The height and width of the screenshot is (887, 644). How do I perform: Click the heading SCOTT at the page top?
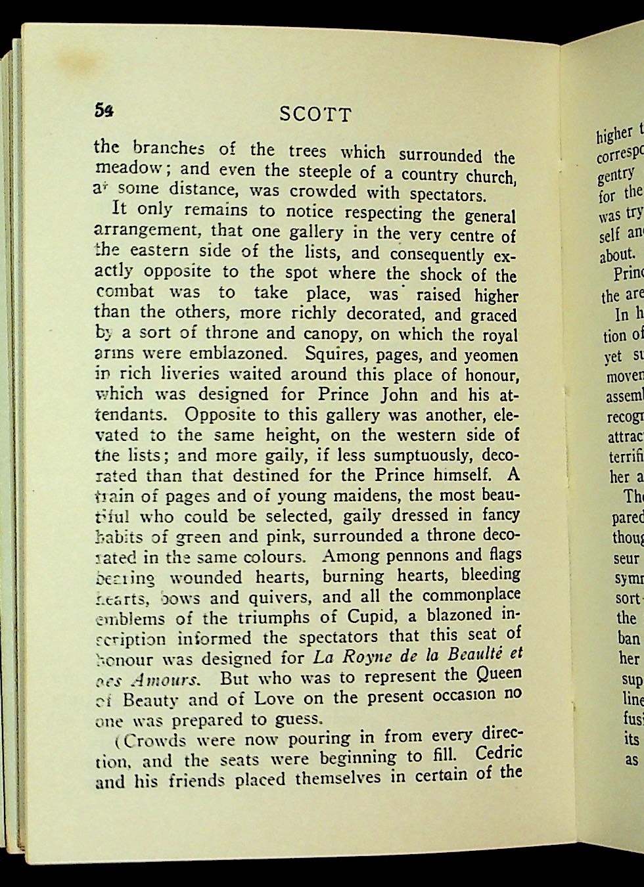315,114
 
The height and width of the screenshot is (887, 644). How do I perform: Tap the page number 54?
104,110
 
